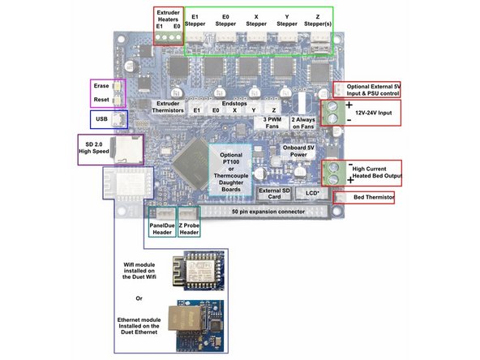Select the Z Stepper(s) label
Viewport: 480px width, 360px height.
click(311, 19)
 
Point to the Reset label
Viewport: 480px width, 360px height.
click(102, 100)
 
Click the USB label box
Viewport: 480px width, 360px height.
click(101, 119)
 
